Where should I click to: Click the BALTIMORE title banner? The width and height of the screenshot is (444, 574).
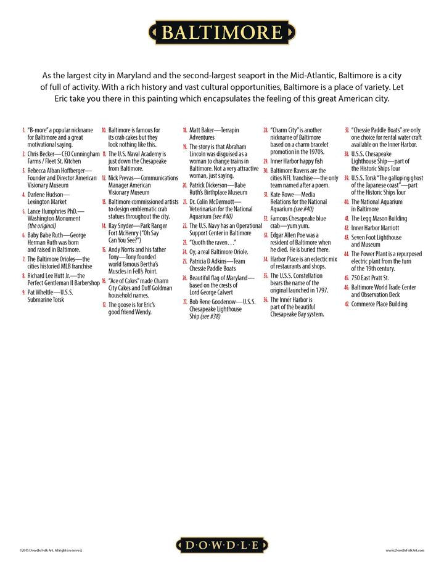pyautogui.click(x=222, y=33)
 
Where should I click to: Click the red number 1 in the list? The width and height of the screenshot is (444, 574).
pyautogui.click(x=23, y=131)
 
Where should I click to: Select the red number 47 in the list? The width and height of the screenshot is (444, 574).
pyautogui.click(x=347, y=304)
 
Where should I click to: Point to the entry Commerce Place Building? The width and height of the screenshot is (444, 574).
pyautogui.click(x=379, y=304)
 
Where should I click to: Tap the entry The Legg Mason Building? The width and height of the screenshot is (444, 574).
pyautogui.click(x=379, y=219)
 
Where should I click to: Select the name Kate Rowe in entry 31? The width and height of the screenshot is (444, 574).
pyautogui.click(x=284, y=194)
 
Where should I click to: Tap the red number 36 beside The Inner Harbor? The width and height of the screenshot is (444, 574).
pyautogui.click(x=265, y=299)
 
